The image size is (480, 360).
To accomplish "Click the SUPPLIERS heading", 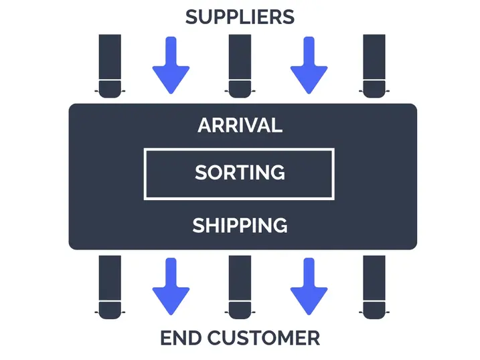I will (x=240, y=17).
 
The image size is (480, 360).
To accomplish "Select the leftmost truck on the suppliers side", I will (x=110, y=66).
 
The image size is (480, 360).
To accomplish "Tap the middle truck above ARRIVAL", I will (x=240, y=66).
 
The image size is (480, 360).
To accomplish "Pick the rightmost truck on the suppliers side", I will (x=373, y=66).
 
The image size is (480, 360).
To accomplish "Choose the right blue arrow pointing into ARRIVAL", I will (x=309, y=64).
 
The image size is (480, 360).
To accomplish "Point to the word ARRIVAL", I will (x=240, y=125).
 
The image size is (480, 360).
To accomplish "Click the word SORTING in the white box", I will (x=240, y=173).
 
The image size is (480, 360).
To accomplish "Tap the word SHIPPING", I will (x=240, y=226).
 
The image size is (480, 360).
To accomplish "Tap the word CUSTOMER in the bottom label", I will (x=264, y=338).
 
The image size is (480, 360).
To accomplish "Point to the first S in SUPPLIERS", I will (x=191, y=17).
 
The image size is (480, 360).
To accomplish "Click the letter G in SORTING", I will (x=276, y=173).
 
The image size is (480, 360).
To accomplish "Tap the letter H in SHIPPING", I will (x=215, y=226).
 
